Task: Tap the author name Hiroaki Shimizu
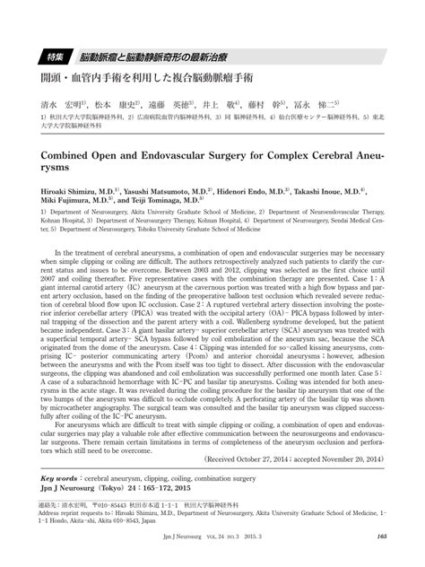click(67, 192)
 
